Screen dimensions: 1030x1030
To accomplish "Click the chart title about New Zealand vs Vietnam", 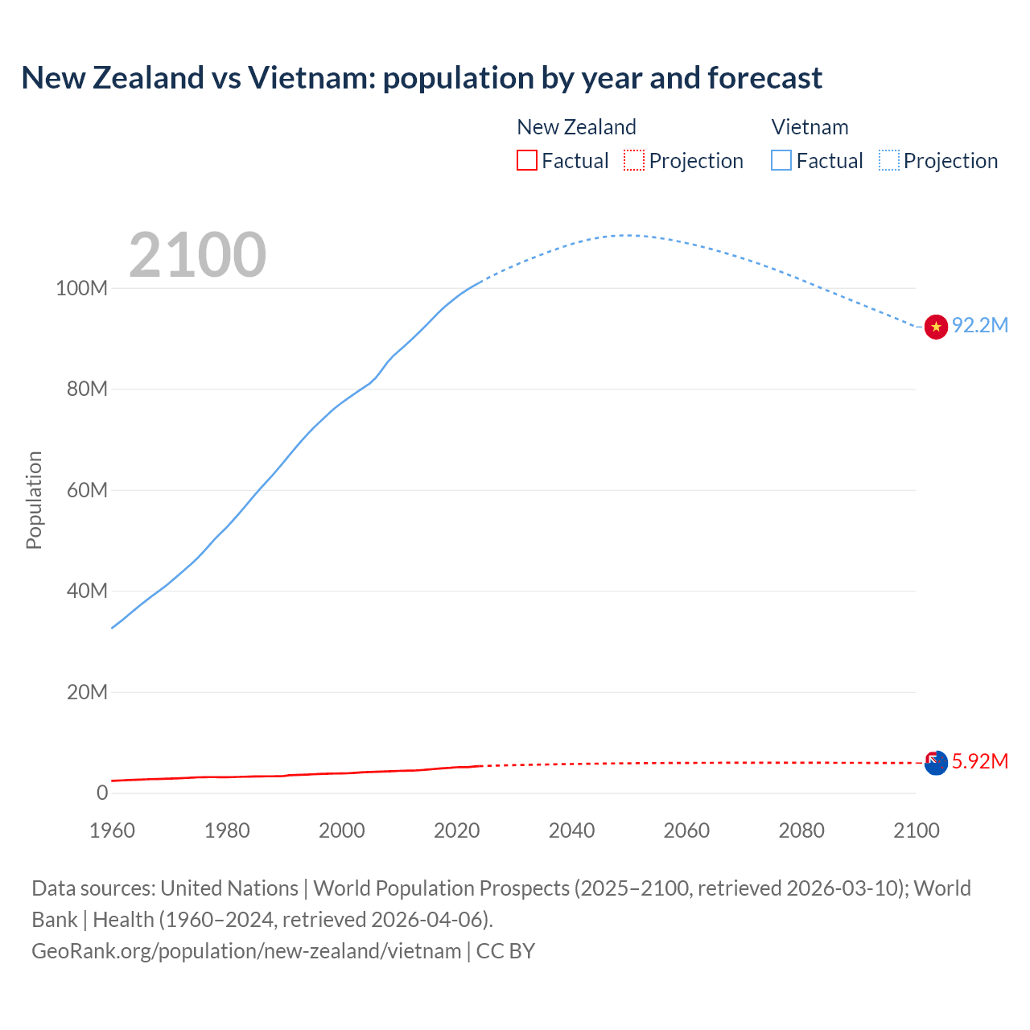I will coord(422,78).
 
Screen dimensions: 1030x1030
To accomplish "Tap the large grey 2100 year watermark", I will coord(197,255).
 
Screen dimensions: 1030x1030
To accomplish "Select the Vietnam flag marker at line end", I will coord(936,327).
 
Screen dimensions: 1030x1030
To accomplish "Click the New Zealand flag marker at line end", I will coord(936,763).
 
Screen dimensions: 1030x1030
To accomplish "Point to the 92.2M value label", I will coord(979,325).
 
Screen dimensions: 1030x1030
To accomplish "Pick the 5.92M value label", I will coord(979,761).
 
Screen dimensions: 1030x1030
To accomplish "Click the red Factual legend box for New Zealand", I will coord(527,161).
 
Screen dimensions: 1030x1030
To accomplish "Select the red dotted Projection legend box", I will coord(634,161).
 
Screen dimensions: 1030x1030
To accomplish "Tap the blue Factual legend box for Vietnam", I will coord(781,161).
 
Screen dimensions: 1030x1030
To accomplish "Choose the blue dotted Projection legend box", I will coord(889,161).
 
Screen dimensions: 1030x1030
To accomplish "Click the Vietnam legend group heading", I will coord(810,127).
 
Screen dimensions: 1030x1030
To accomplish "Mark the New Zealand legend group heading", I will coord(576,127).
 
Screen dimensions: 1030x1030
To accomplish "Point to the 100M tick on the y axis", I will coord(81,288).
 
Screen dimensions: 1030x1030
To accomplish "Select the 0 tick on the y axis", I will coord(101,793).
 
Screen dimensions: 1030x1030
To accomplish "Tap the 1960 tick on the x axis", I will coord(112,830).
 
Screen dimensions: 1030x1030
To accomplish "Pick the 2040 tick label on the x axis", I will coord(571,830).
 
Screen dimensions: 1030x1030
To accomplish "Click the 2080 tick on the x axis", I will coord(801,830).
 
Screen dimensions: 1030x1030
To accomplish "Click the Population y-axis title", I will coord(34,500).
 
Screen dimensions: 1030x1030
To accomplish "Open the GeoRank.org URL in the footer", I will coord(246,951).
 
